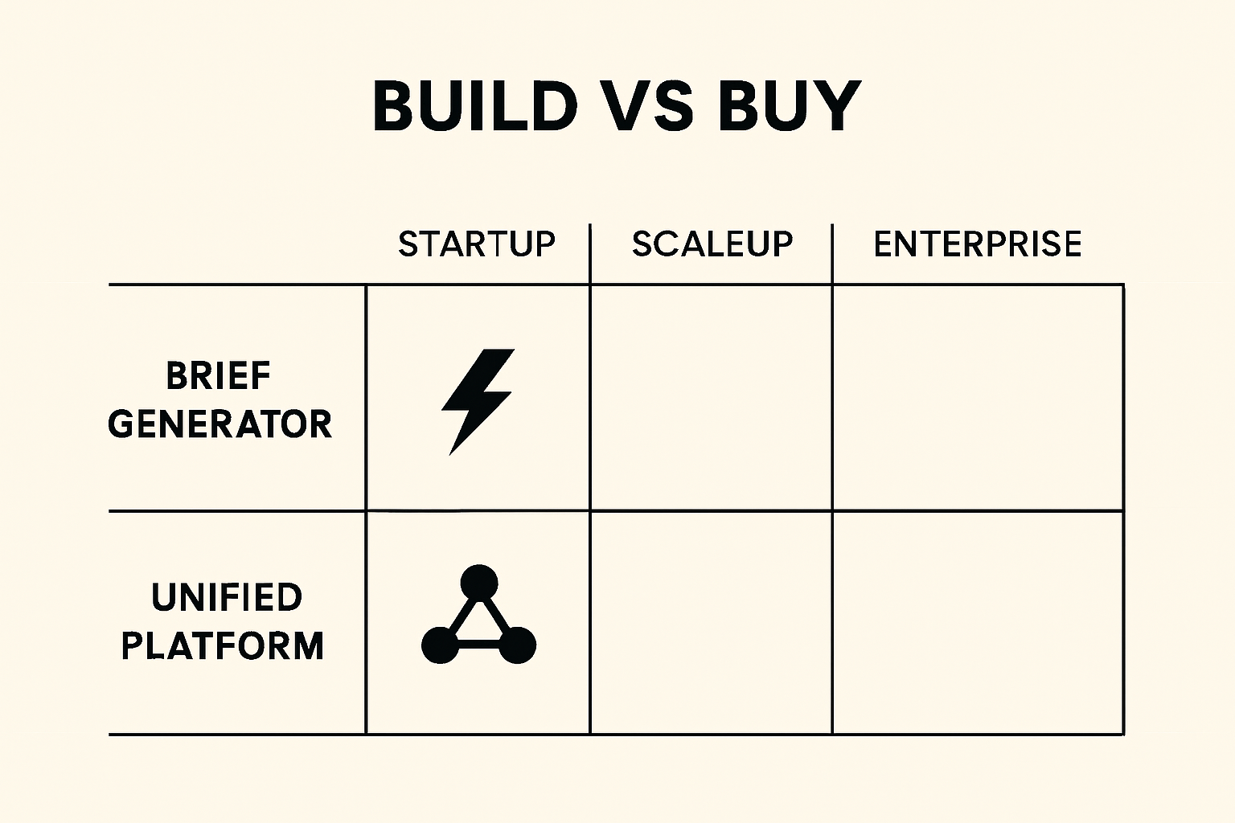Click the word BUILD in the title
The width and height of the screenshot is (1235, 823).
point(474,106)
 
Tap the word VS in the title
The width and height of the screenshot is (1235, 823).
point(648,106)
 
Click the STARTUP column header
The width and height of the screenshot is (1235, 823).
point(477,244)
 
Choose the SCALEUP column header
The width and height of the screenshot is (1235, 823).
point(712,244)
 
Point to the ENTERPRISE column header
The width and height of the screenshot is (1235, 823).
point(978,244)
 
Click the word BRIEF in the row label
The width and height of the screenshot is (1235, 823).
point(219,376)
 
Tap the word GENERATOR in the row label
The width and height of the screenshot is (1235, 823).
point(220,424)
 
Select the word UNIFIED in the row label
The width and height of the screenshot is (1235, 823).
point(227,597)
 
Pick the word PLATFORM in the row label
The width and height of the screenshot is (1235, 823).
point(223,646)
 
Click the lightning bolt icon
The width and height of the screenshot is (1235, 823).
point(477,400)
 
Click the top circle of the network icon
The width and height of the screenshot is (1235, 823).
point(479,582)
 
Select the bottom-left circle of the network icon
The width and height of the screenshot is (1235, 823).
point(439,645)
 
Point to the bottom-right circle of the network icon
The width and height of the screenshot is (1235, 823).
point(518,645)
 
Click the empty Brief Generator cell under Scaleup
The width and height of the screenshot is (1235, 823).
point(712,398)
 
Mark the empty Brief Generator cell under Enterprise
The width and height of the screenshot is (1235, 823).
point(978,398)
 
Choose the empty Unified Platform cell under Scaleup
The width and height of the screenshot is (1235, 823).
point(712,622)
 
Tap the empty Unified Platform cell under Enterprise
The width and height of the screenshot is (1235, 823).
point(978,622)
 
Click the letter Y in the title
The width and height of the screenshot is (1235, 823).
point(836,106)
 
